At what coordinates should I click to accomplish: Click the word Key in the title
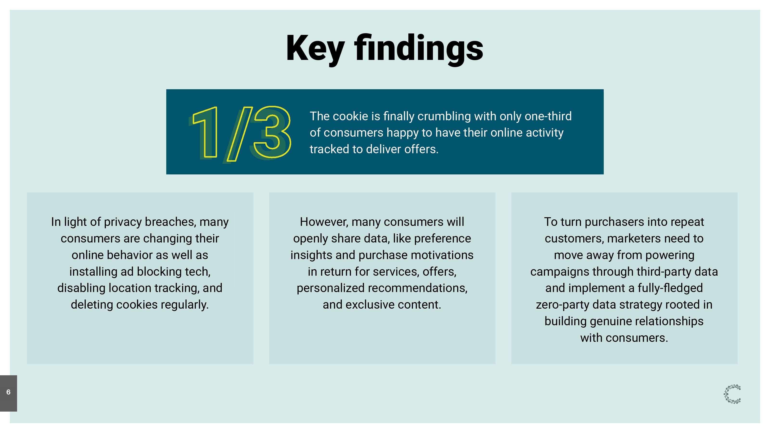pyautogui.click(x=315, y=48)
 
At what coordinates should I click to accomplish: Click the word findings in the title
pyautogui.click(x=418, y=48)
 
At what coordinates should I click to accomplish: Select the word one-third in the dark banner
pyautogui.click(x=548, y=116)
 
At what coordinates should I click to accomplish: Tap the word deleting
pyautogui.click(x=92, y=305)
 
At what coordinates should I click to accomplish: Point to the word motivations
pyautogui.click(x=442, y=255)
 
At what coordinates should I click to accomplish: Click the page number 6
pyautogui.click(x=8, y=392)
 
